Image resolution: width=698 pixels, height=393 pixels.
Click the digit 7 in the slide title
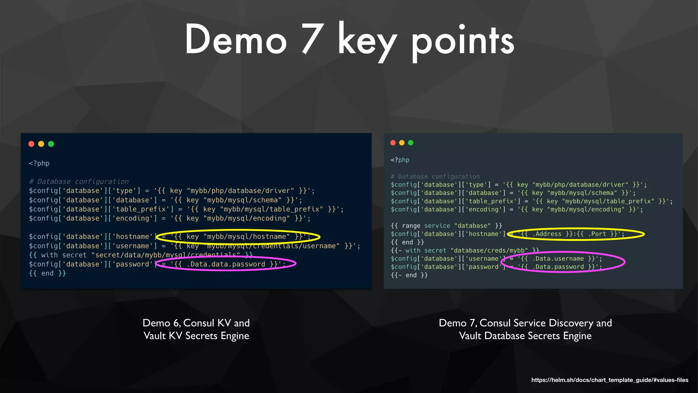coord(313,39)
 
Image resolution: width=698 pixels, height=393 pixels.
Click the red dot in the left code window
coord(31,144)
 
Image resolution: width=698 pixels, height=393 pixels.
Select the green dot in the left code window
coord(51,144)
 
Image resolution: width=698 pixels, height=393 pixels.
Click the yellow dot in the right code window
coord(402,143)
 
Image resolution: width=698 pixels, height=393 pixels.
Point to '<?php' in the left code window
coord(39,163)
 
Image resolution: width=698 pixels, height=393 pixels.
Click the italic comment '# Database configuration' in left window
coord(79,181)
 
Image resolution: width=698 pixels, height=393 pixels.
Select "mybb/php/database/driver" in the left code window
coord(240,191)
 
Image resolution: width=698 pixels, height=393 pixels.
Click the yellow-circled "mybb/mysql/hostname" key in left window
coord(246,236)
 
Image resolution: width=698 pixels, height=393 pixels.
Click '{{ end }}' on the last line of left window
coord(47,273)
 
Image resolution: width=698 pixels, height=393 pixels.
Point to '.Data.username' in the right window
coord(558,259)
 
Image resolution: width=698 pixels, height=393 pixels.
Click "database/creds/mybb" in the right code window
coord(489,250)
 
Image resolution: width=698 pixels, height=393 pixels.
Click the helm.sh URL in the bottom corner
coord(609,380)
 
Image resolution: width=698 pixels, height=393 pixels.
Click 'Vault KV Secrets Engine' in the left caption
coord(196,336)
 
